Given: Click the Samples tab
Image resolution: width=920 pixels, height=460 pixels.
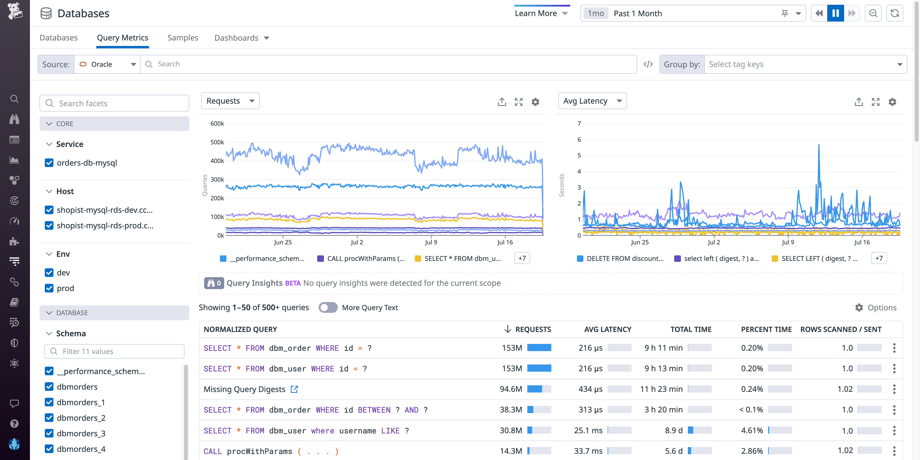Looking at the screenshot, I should click(183, 38).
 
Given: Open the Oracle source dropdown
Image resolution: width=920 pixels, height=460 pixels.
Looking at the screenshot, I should click(107, 64).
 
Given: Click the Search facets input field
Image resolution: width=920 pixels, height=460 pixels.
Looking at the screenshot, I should click(114, 103).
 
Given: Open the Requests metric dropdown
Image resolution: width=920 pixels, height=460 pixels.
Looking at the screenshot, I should click(230, 101).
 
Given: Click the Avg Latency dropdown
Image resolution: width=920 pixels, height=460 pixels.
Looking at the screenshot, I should click(592, 101).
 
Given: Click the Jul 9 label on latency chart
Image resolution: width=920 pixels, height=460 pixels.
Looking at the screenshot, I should click(788, 242).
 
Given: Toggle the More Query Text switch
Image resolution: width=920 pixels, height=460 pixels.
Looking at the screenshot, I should click(328, 308).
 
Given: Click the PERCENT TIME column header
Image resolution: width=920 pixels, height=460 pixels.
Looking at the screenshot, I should click(766, 329).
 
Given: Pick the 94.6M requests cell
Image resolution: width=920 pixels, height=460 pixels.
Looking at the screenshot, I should click(511, 389).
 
